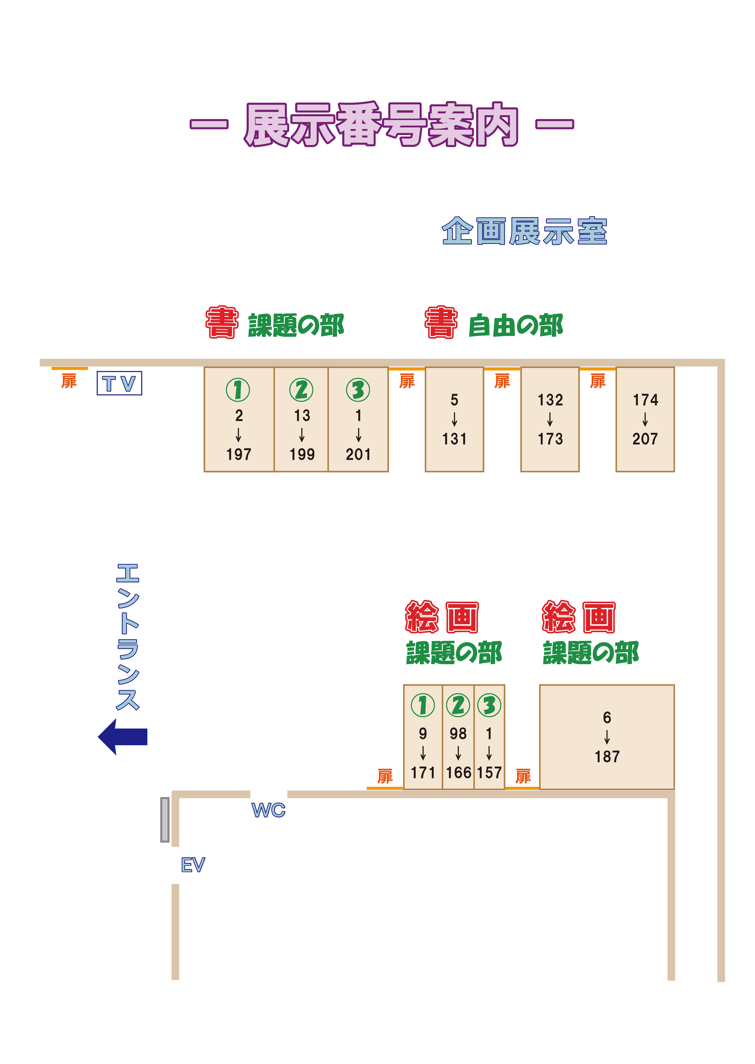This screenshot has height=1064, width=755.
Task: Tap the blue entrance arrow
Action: coord(123,737)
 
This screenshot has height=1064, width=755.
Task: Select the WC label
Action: coord(268,810)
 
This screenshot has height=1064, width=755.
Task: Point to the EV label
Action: coord(193,865)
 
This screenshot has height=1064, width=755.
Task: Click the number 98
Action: coord(458,733)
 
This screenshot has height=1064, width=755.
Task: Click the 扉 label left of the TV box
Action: coord(69,381)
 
